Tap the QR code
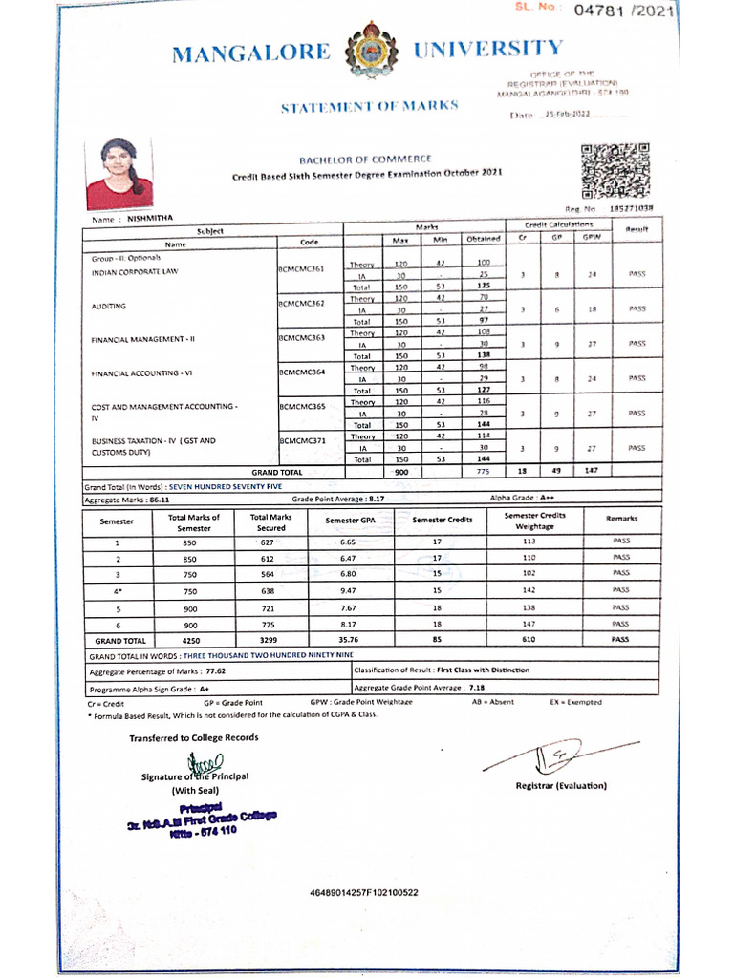pyautogui.click(x=615, y=170)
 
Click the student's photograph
pyautogui.click(x=119, y=174)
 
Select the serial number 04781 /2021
pyautogui.click(x=624, y=11)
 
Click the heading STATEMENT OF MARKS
pyautogui.click(x=369, y=106)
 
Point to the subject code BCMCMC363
pyautogui.click(x=301, y=338)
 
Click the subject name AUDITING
pyautogui.click(x=109, y=307)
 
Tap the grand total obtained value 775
pyautogui.click(x=484, y=472)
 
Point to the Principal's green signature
pyautogui.click(x=205, y=763)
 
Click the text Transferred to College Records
pyautogui.click(x=194, y=737)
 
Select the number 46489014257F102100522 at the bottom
pyautogui.click(x=364, y=893)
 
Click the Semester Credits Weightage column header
pyautogui.click(x=534, y=521)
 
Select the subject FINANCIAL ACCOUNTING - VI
pyautogui.click(x=141, y=372)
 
